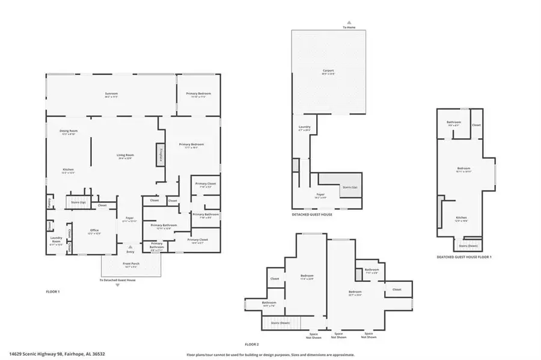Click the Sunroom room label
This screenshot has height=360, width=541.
(111, 94)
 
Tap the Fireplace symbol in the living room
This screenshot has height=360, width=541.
(160, 153)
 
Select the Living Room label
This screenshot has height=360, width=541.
(125, 156)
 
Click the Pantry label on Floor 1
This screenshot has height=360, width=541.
(49, 203)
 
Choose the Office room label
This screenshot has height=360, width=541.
(94, 231)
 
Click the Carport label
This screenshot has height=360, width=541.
(328, 72)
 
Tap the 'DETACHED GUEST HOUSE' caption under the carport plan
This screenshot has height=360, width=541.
(311, 215)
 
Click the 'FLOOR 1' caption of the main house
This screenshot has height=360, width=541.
(53, 291)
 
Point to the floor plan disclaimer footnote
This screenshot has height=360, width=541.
(270, 355)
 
